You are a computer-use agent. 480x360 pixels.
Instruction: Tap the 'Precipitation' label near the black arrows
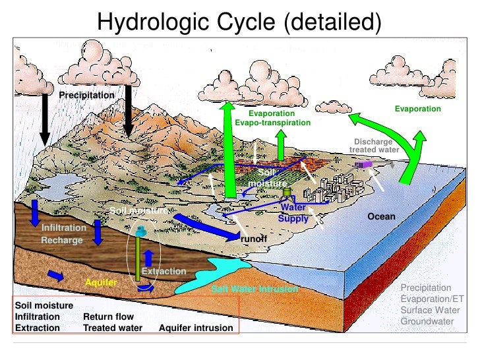click(x=86, y=96)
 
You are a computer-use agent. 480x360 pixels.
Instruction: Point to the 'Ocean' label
click(x=381, y=216)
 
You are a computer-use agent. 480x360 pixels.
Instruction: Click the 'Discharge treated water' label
click(x=374, y=146)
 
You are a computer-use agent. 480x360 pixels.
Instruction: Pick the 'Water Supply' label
click(x=293, y=214)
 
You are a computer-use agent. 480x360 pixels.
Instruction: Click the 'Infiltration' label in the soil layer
click(x=64, y=227)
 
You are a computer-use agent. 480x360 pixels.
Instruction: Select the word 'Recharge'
click(x=62, y=240)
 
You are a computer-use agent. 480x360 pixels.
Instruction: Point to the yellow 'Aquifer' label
click(x=101, y=282)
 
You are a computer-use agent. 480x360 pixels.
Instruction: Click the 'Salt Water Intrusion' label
click(x=255, y=289)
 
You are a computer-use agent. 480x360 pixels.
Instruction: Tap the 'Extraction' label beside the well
click(x=164, y=271)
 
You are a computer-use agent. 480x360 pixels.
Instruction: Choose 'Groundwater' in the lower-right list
click(x=428, y=321)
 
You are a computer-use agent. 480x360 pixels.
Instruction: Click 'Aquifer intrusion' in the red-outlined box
click(x=196, y=328)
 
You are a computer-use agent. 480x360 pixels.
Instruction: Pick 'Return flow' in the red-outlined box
click(x=108, y=316)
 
